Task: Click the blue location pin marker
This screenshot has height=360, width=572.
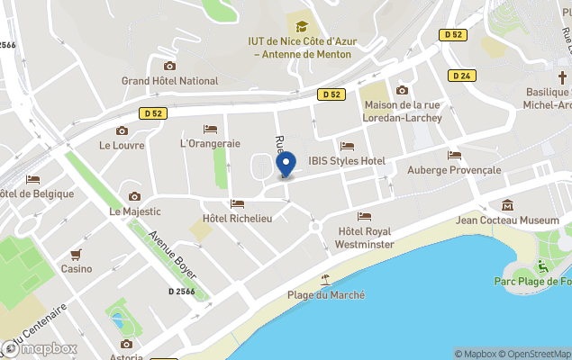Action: click(286, 164)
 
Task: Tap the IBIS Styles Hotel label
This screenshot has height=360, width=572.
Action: click(347, 161)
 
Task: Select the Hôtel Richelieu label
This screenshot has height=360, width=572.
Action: click(238, 218)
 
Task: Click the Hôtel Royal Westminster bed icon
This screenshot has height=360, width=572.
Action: click(364, 216)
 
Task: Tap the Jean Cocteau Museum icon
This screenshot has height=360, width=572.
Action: click(507, 205)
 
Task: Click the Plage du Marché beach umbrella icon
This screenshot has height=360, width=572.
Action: click(326, 280)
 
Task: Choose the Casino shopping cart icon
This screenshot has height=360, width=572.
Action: click(76, 254)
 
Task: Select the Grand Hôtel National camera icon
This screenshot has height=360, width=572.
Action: click(169, 66)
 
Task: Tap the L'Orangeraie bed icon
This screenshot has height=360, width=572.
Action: click(210, 129)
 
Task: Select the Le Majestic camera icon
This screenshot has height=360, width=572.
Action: click(134, 196)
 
